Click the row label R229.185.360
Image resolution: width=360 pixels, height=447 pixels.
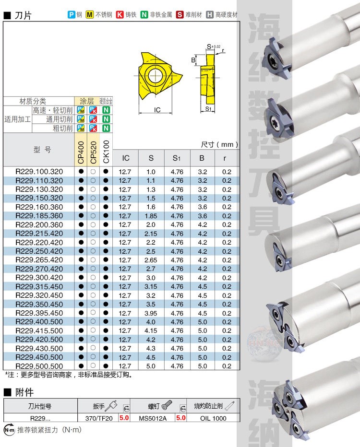(x=39, y=216)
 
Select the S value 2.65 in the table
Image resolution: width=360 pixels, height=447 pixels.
(x=151, y=260)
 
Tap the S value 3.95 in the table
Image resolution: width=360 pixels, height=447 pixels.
(x=151, y=313)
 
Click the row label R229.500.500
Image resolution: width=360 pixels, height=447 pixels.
(x=39, y=366)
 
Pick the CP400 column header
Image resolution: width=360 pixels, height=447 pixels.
(x=81, y=153)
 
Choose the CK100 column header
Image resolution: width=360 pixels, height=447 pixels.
(x=106, y=152)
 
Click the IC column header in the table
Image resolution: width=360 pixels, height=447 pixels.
(x=126, y=158)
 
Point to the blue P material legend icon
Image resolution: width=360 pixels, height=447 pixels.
(x=72, y=14)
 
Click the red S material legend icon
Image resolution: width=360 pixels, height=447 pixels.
(x=180, y=14)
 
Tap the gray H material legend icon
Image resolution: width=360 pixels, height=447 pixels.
(x=210, y=14)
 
